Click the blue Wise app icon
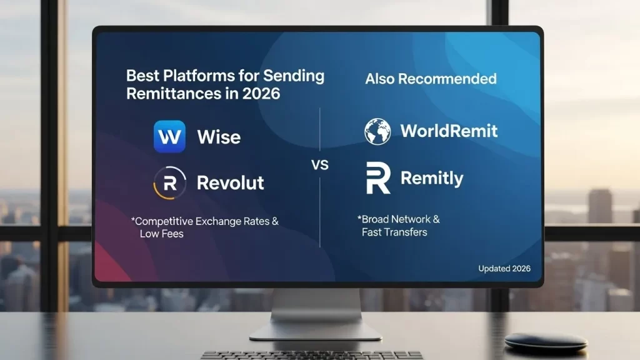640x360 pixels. pyautogui.click(x=169, y=136)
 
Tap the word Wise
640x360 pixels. pyautogui.click(x=219, y=137)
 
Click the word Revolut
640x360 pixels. pyautogui.click(x=230, y=182)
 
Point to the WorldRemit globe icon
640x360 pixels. pyautogui.click(x=378, y=131)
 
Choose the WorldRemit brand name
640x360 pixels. pyautogui.click(x=449, y=131)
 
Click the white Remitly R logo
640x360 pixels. pyautogui.click(x=378, y=178)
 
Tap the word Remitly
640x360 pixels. pyautogui.click(x=432, y=178)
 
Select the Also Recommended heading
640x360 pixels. pyautogui.click(x=431, y=79)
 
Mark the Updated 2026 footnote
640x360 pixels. pyautogui.click(x=504, y=268)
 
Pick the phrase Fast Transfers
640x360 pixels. pyautogui.click(x=394, y=232)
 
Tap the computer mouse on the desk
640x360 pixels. pyautogui.click(x=546, y=341)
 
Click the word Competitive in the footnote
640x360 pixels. pyautogui.click(x=173, y=221)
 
